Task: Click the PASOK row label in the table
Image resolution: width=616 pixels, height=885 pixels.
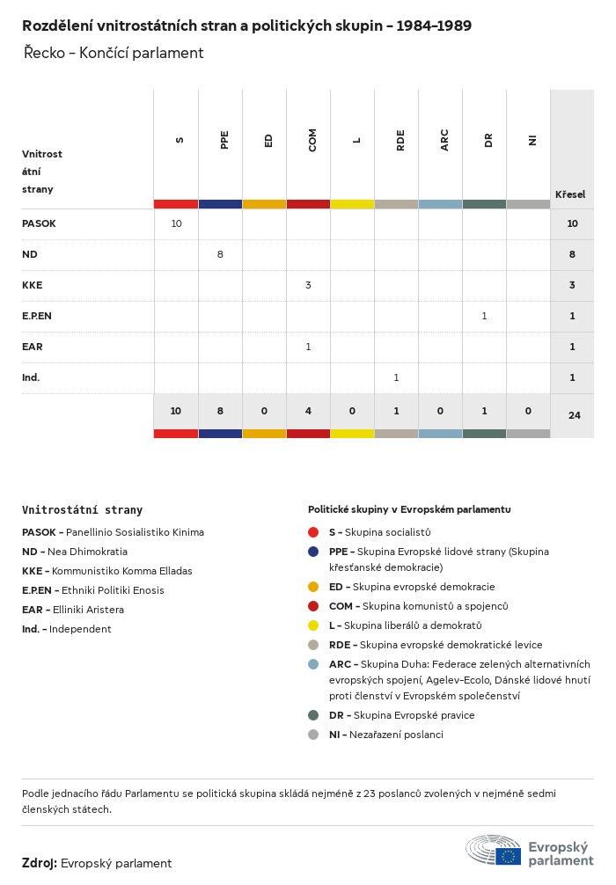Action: [x=39, y=223]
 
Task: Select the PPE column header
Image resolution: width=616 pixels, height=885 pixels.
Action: [x=224, y=140]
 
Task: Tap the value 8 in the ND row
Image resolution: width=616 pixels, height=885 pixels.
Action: [x=220, y=254]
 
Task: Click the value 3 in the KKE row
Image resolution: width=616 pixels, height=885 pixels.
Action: [x=308, y=285]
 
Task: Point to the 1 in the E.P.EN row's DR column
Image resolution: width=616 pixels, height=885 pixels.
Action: [x=484, y=316]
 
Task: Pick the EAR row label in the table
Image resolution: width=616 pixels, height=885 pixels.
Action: [x=33, y=347]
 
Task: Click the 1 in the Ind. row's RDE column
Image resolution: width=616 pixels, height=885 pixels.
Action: [x=396, y=377]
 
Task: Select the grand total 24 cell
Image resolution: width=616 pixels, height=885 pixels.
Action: [x=574, y=415]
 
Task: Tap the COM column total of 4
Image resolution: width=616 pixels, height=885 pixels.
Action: [x=308, y=410]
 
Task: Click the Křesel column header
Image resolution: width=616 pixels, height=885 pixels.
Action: [x=570, y=194]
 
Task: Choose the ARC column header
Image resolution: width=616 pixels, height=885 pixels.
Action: [x=444, y=140]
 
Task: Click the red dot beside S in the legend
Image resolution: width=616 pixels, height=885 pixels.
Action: [x=313, y=532]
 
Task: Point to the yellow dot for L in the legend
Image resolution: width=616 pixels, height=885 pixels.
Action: [x=313, y=625]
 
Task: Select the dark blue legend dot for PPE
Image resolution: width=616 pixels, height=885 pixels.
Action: [x=313, y=552]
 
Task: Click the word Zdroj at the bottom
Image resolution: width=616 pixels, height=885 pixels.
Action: [x=40, y=863]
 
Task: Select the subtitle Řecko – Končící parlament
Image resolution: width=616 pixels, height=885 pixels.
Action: [x=114, y=53]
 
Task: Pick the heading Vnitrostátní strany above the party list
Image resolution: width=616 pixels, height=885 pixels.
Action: [x=82, y=509]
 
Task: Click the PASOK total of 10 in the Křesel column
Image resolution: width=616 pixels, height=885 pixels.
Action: [x=572, y=223]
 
